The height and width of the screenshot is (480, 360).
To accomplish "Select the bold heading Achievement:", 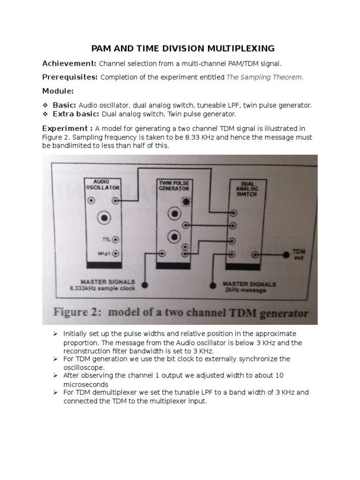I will [x=69, y=63].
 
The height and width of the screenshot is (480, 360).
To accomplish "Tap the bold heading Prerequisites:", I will [x=70, y=77].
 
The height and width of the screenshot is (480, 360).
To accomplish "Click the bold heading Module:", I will [x=58, y=90].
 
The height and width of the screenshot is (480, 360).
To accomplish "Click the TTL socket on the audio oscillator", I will [x=115, y=239].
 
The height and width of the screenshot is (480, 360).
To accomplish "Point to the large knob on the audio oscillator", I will [x=103, y=218].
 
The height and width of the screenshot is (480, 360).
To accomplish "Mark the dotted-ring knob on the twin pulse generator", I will [x=187, y=202].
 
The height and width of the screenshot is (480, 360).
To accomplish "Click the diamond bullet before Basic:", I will [x=45, y=105].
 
